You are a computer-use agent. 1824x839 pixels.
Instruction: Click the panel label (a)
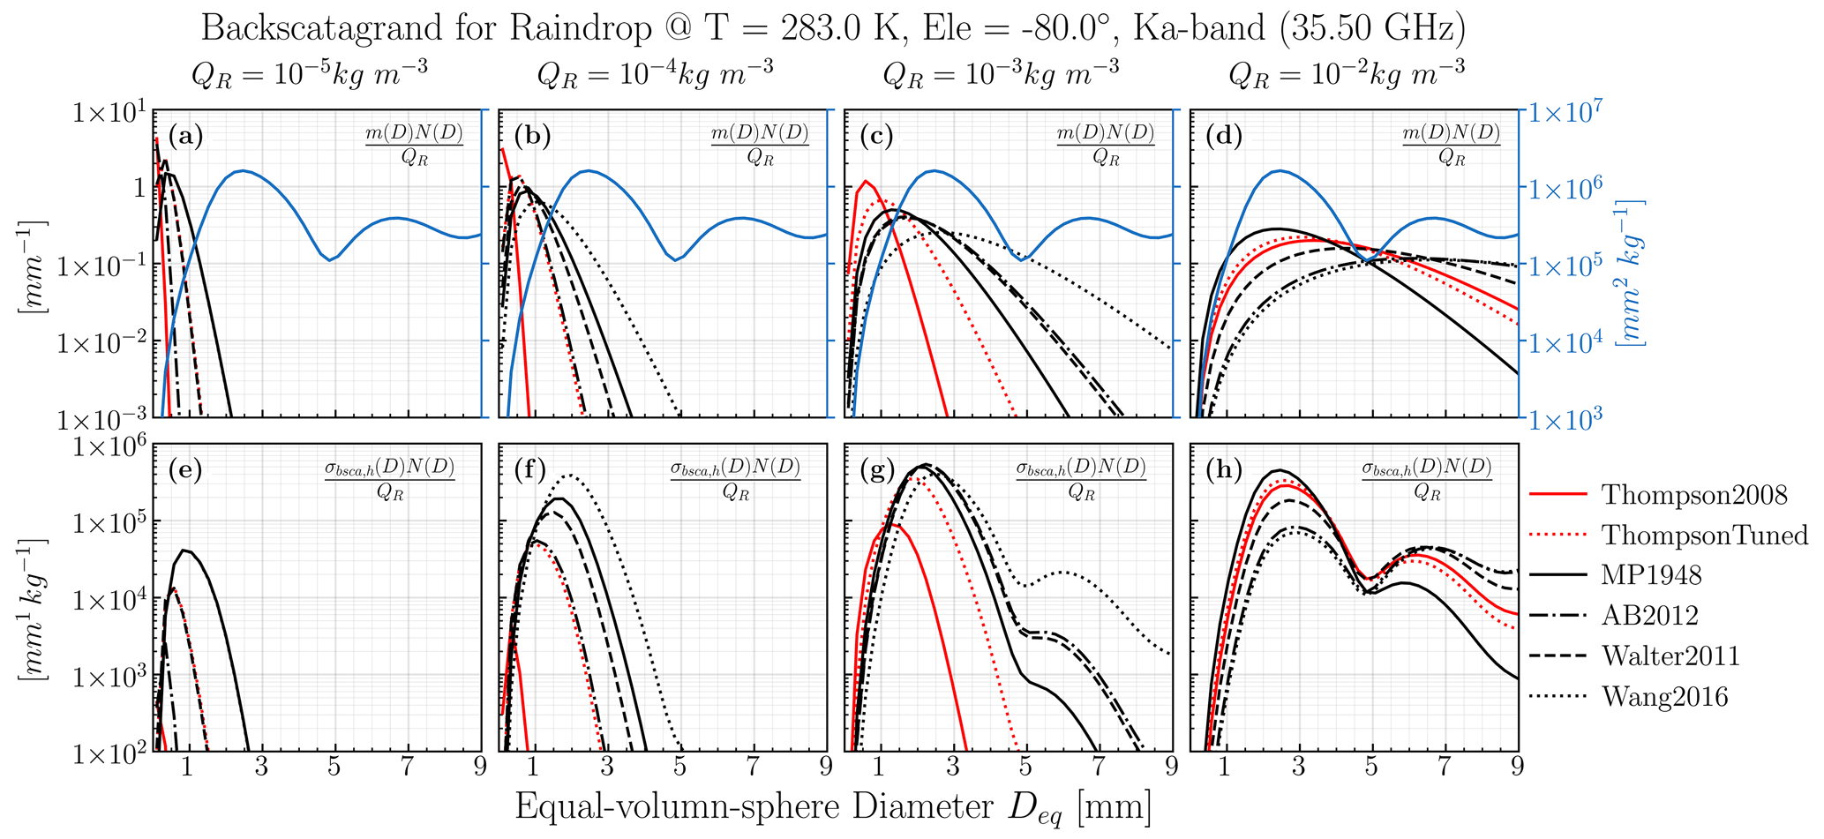tap(185, 136)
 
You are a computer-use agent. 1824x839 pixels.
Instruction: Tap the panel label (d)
tap(1223, 136)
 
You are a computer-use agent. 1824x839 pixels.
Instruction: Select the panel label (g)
tap(877, 470)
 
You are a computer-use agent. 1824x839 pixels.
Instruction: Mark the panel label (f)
tap(531, 470)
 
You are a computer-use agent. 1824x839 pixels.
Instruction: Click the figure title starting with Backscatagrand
tap(832, 28)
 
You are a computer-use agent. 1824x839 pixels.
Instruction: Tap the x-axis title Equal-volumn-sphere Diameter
tap(832, 807)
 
